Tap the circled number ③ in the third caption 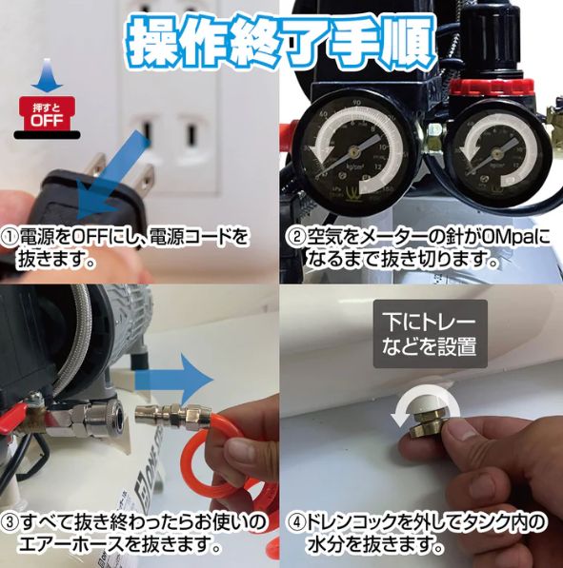(14, 522)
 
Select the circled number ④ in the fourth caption (297, 522)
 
